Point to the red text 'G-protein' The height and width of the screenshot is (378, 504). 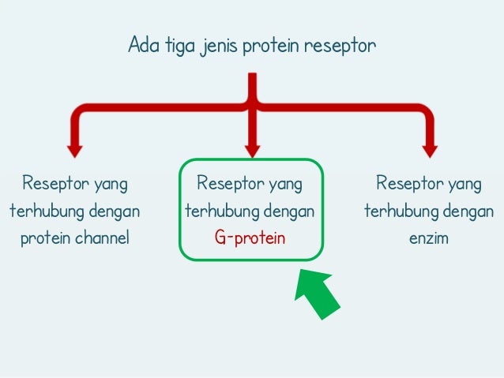[x=251, y=238]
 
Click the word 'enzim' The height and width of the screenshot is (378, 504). [x=428, y=238]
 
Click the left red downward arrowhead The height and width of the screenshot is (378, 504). [x=74, y=148]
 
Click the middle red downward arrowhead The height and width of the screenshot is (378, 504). [x=252, y=148]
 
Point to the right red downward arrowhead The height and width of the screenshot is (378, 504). [x=430, y=148]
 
